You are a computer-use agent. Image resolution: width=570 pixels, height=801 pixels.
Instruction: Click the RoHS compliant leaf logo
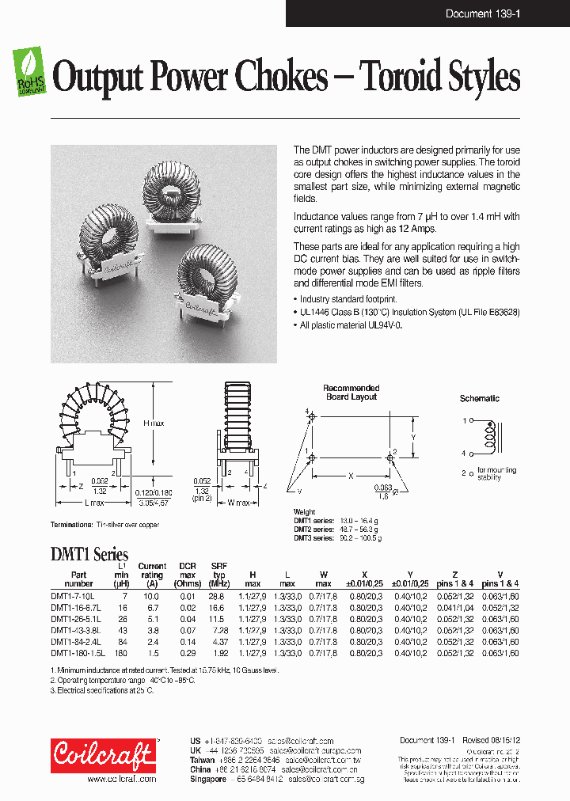[29, 71]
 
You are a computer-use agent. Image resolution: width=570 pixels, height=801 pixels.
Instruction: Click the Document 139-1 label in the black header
[482, 14]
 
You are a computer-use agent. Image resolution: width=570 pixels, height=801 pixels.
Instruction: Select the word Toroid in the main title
[402, 78]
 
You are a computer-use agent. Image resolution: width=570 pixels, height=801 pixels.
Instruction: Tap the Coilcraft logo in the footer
[104, 755]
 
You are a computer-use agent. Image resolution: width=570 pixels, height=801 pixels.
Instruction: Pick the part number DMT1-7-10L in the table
[73, 595]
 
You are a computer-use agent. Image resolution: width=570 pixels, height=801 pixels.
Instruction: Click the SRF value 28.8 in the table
[217, 595]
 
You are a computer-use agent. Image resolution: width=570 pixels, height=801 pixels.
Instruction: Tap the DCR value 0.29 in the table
[188, 653]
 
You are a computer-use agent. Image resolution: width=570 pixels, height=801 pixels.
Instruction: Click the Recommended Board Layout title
[351, 393]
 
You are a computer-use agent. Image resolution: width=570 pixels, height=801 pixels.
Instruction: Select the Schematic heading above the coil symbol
[479, 398]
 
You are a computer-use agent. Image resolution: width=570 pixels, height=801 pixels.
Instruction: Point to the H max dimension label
[154, 423]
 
